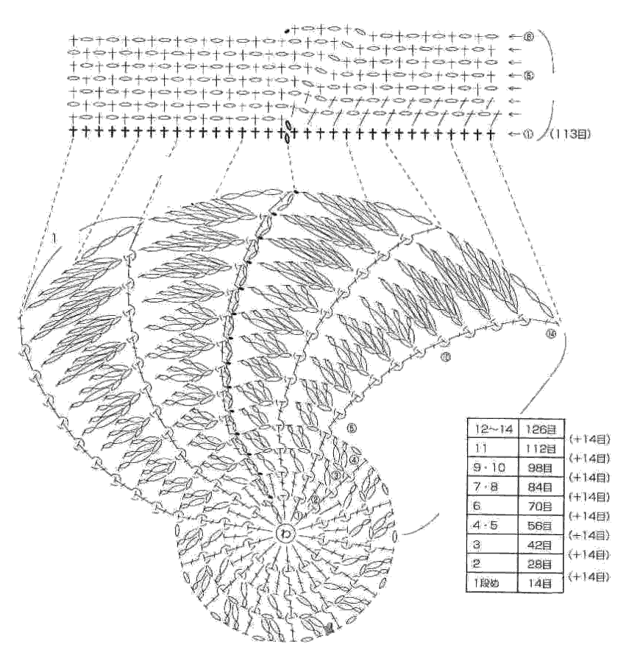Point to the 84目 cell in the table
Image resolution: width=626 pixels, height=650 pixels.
click(540, 487)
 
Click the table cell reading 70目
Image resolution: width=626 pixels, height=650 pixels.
click(540, 506)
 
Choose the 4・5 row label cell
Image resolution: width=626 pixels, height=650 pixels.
click(493, 526)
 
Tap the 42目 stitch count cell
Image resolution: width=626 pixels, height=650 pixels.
click(540, 545)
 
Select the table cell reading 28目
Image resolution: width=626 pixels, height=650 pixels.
click(540, 565)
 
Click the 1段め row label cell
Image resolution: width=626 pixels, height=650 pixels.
click(493, 584)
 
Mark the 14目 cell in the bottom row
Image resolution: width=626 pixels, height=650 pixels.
click(540, 584)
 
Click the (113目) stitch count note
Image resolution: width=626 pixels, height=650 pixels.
click(572, 134)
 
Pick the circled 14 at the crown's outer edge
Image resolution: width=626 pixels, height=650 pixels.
click(552, 335)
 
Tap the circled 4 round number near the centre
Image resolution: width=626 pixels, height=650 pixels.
click(354, 460)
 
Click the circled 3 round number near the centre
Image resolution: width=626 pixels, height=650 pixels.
click(335, 476)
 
